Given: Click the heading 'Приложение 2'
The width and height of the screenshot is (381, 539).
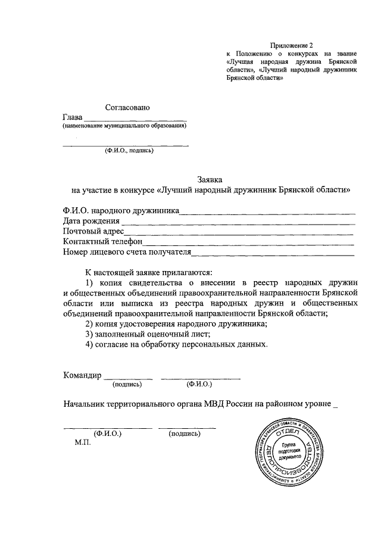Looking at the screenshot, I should click(x=291, y=45).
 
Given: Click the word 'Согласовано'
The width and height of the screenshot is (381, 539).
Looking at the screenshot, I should click(x=127, y=107).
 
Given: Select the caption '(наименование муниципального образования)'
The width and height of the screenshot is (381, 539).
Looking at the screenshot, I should click(x=125, y=126).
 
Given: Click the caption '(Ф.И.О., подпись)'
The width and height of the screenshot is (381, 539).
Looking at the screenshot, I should click(x=129, y=150).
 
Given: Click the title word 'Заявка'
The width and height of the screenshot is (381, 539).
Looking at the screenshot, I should click(x=210, y=179).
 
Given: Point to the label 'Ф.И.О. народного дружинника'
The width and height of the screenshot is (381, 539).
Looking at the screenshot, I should click(x=121, y=210).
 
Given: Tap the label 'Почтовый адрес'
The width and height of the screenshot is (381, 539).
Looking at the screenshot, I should click(x=93, y=231).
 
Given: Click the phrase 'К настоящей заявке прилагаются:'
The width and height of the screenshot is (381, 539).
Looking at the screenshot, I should click(x=145, y=271).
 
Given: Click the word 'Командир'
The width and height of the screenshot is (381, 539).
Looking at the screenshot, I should click(x=83, y=375).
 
